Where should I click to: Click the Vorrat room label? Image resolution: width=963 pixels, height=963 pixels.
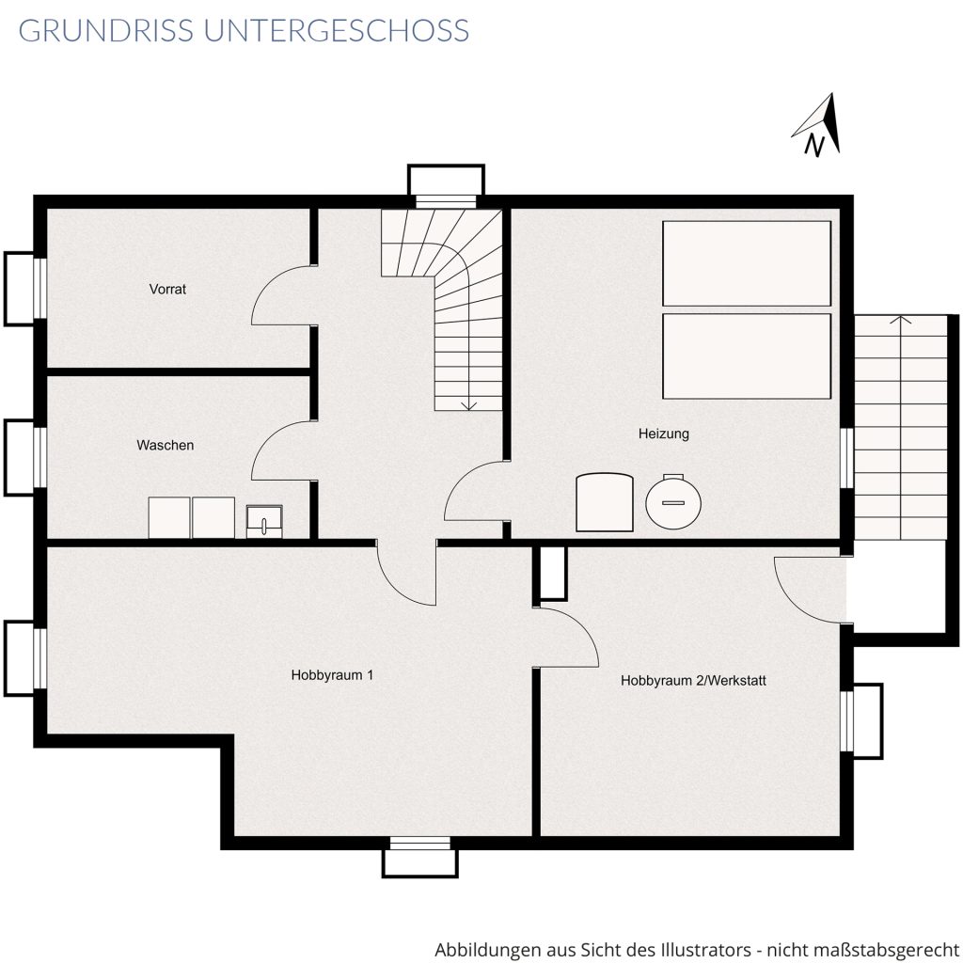[167, 289]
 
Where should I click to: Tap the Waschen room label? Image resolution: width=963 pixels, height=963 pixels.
[166, 445]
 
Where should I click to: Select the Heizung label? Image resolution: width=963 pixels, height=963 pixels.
[663, 434]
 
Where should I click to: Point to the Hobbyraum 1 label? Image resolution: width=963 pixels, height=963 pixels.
[332, 675]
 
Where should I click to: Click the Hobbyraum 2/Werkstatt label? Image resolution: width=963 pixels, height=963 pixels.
[693, 681]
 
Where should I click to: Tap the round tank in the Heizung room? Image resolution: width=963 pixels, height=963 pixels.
[673, 502]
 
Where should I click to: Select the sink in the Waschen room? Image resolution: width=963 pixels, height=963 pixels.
[264, 521]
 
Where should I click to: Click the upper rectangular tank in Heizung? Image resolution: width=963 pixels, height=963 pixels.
[747, 263]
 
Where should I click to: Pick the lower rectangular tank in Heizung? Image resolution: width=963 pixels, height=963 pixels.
[747, 356]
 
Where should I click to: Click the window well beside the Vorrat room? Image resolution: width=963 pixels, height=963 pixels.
[21, 289]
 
